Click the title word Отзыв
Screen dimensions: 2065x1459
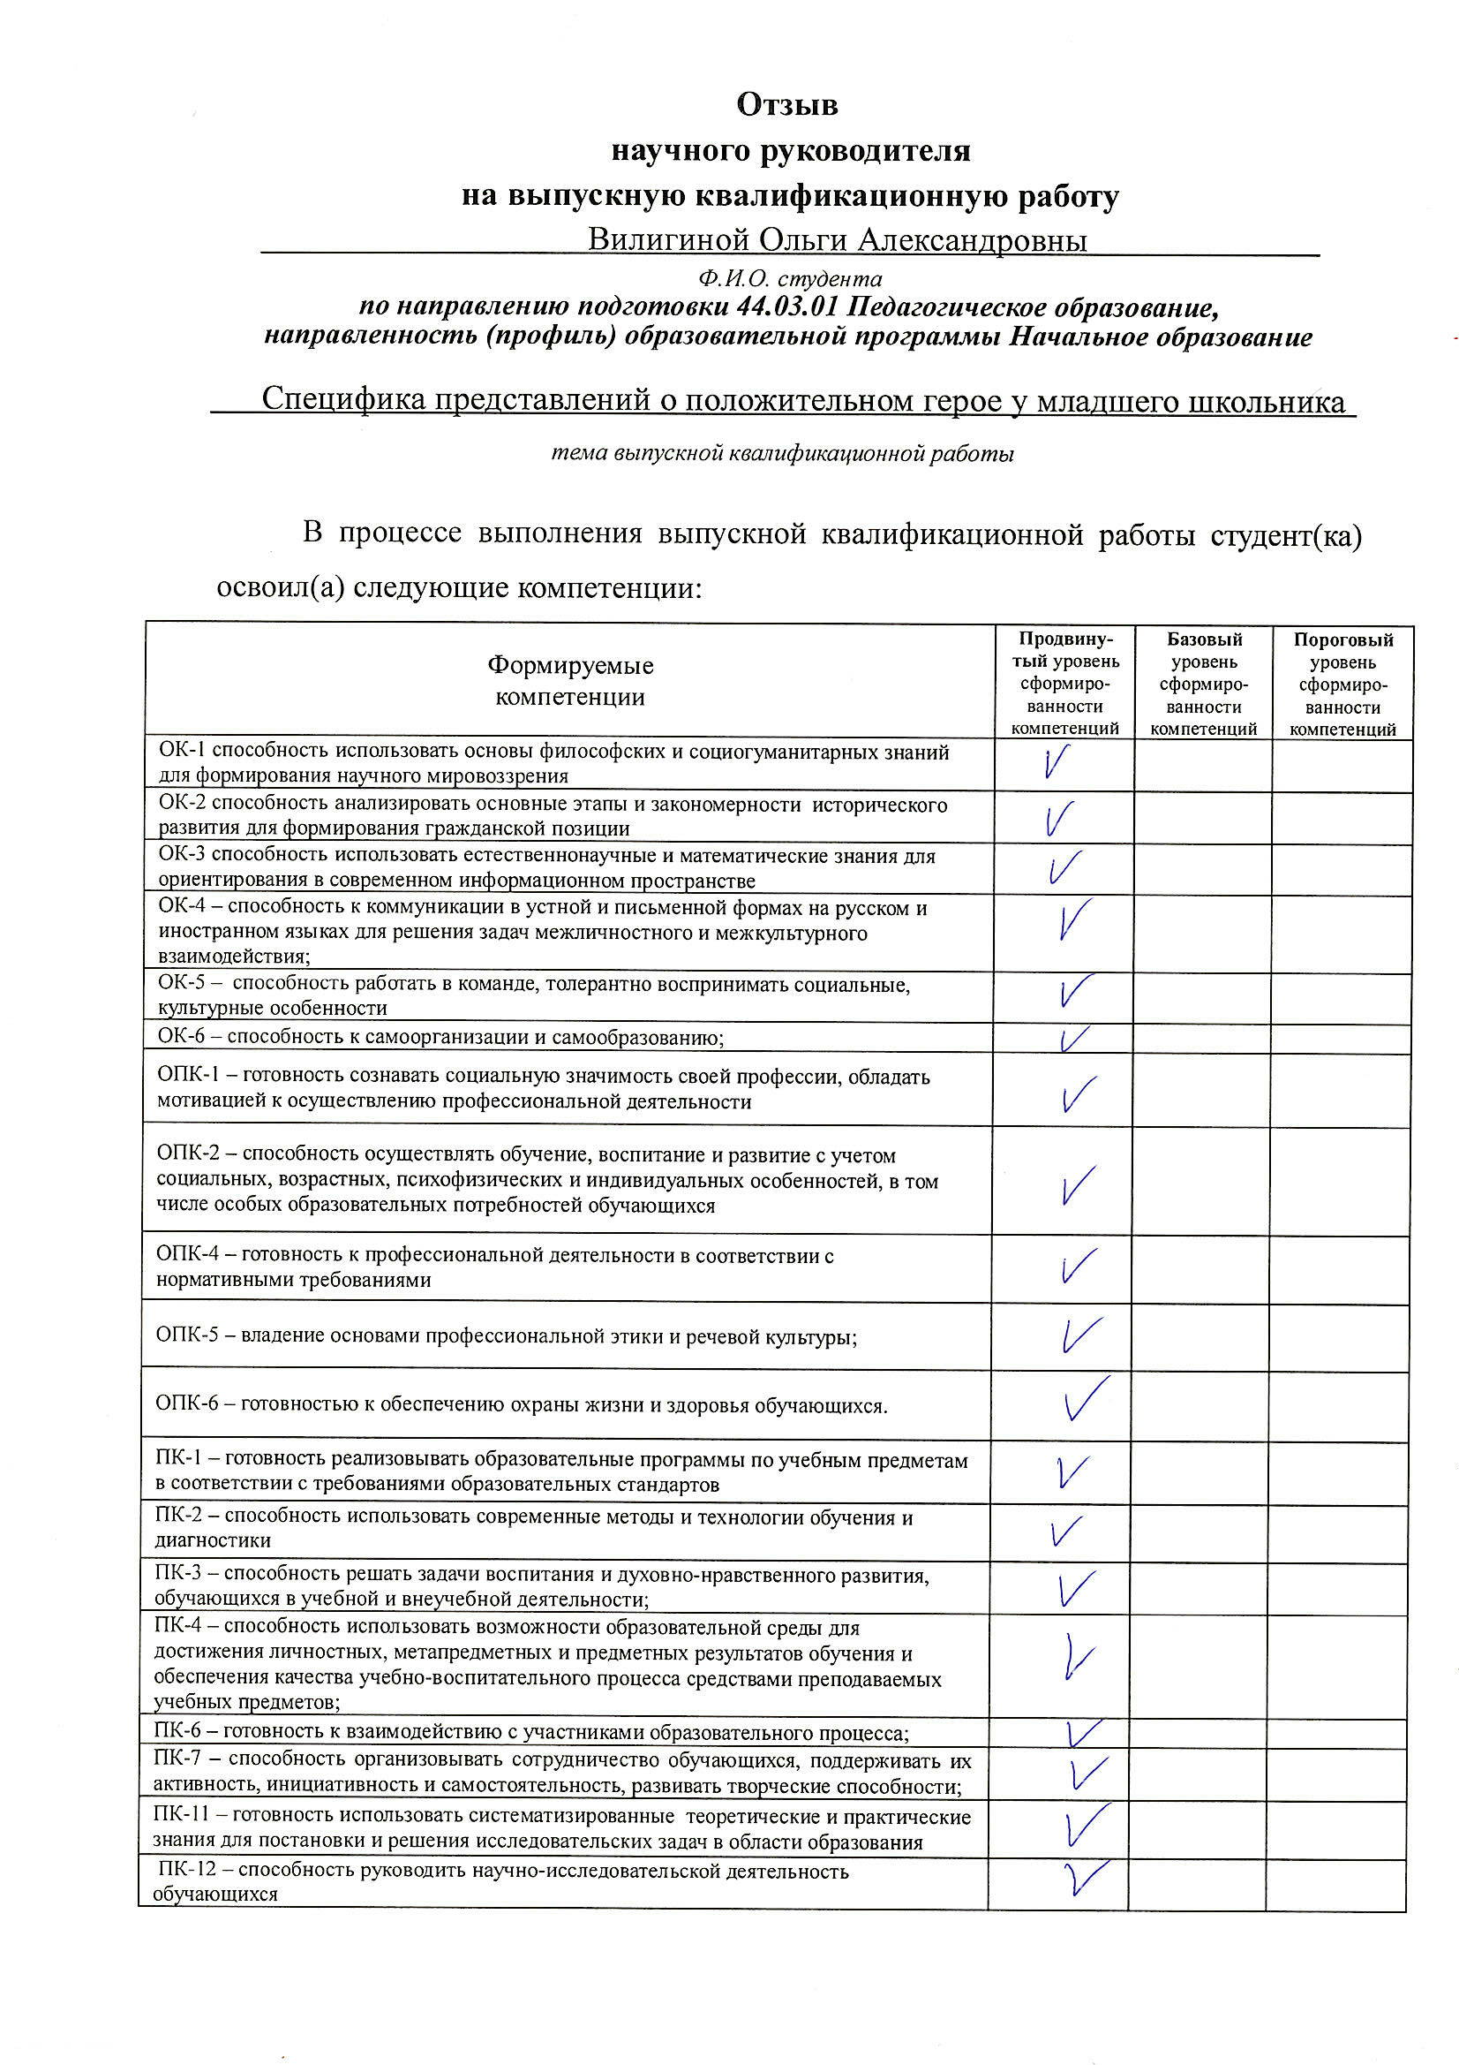coord(787,105)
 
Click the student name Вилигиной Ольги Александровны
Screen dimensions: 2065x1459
coord(837,241)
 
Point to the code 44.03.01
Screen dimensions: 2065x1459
coord(786,307)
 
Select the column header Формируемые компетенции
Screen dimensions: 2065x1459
coord(570,681)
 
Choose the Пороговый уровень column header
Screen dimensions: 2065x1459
coord(1343,684)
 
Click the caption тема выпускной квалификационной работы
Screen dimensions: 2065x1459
coord(782,454)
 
